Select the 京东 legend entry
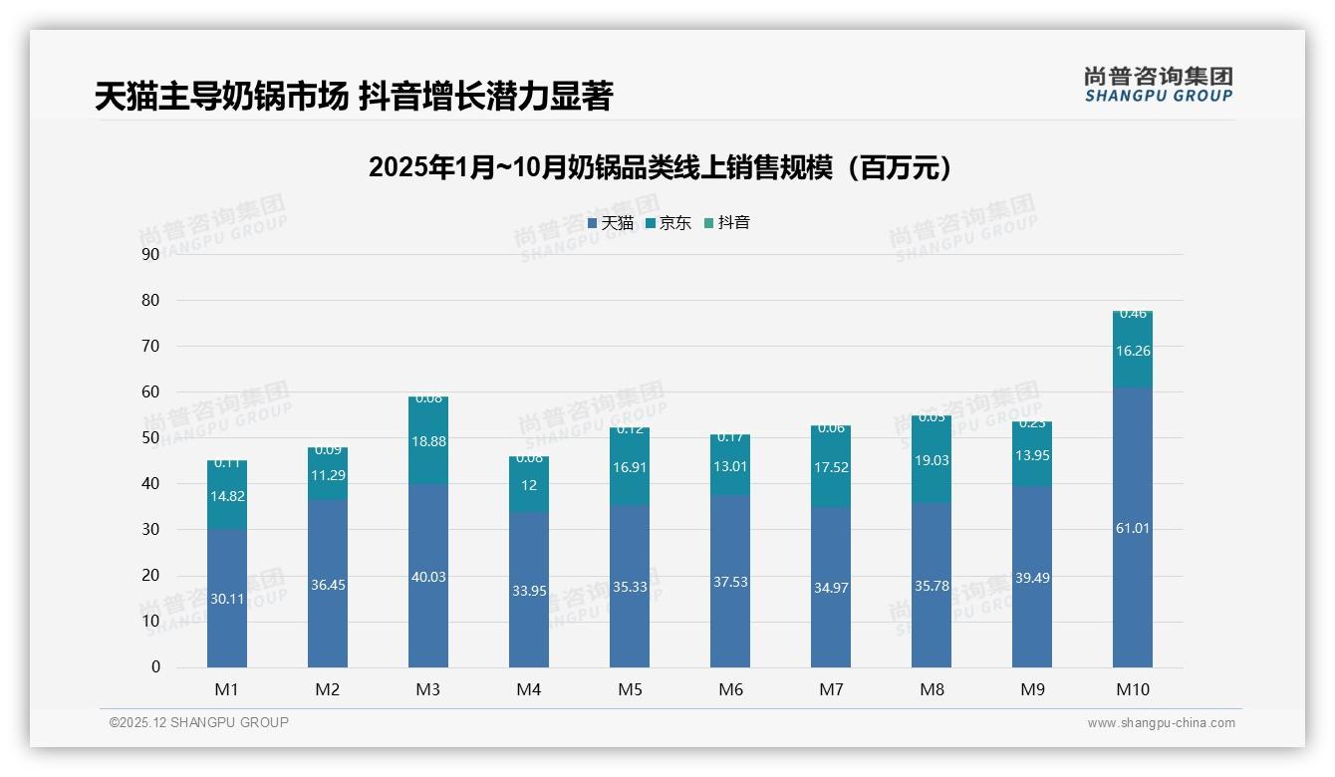pos(668,223)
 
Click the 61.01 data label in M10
pos(1132,528)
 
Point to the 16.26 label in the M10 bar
pos(1132,351)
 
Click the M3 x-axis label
pos(428,689)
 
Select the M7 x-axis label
pos(831,689)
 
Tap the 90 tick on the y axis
pos(150,254)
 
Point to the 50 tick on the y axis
pos(150,437)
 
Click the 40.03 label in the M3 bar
pos(428,577)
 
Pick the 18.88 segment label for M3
pos(428,441)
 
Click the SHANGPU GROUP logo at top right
pos(1158,85)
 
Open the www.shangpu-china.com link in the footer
pos(1161,723)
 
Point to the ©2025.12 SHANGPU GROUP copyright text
pos(199,723)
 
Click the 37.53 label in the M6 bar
pos(730,582)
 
